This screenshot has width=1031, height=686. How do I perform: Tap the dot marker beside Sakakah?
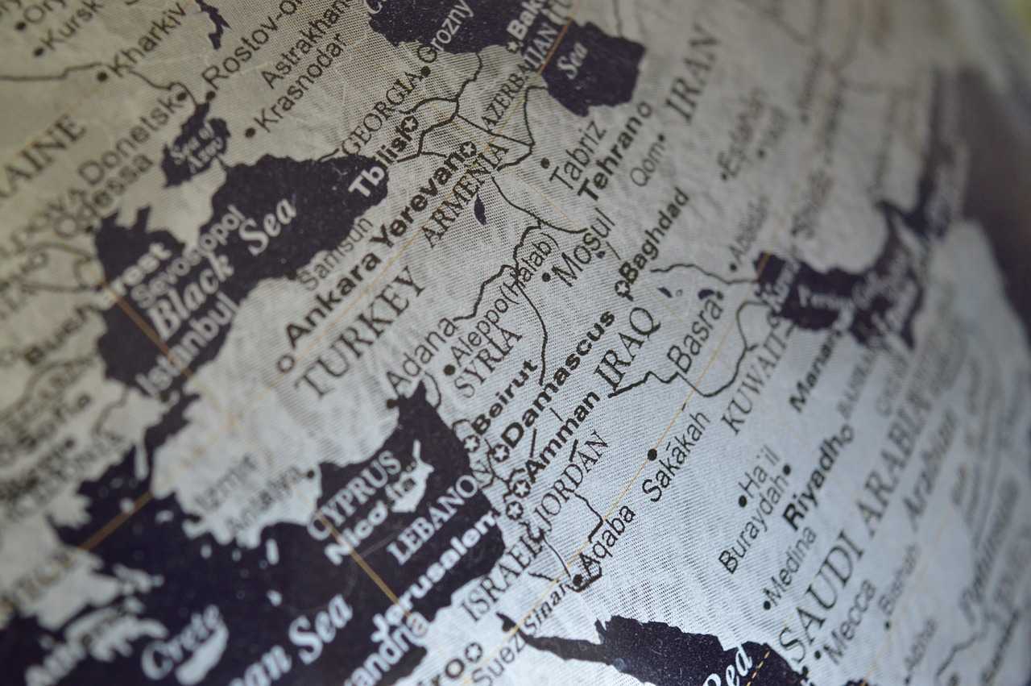click(652, 455)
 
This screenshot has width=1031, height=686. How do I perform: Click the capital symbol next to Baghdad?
click(623, 287)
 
